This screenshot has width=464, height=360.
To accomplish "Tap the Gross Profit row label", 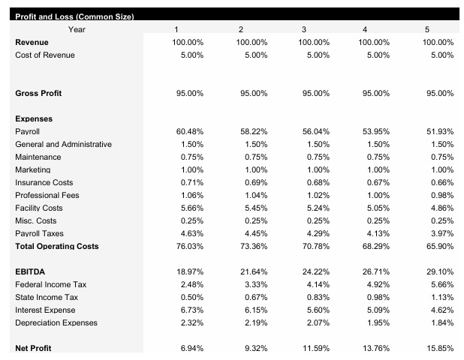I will point(38,93).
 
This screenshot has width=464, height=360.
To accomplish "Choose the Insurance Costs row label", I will point(44,182).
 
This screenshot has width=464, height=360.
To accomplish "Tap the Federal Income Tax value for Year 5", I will point(440,284).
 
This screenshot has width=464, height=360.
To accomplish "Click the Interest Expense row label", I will point(47,310).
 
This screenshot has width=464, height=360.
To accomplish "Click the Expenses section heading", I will point(34,118).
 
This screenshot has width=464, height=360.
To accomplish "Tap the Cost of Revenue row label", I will point(45,55).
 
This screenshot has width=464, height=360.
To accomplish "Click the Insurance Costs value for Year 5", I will point(440,182).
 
